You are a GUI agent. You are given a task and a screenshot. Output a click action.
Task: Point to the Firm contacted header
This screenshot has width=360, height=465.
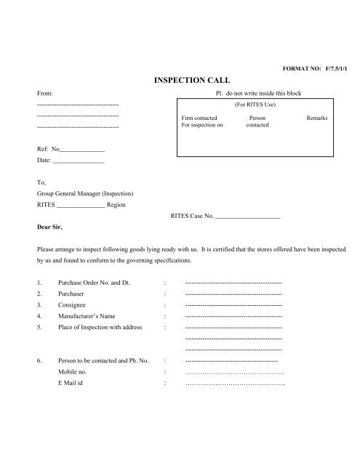point(199,118)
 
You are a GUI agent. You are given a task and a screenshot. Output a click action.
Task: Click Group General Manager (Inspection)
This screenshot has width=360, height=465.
point(85,194)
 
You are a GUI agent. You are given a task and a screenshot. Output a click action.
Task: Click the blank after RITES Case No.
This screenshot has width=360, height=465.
point(248,217)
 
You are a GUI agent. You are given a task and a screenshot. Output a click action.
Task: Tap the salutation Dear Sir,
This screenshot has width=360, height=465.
point(50,226)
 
